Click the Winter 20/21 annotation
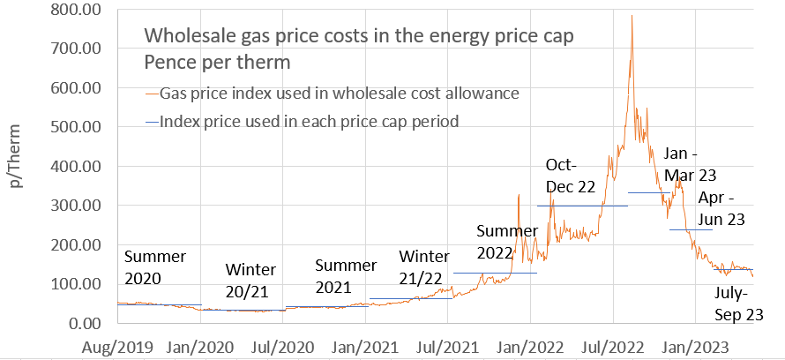[x=250, y=280]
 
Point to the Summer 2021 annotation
[x=346, y=275]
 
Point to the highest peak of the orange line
[x=632, y=15]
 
